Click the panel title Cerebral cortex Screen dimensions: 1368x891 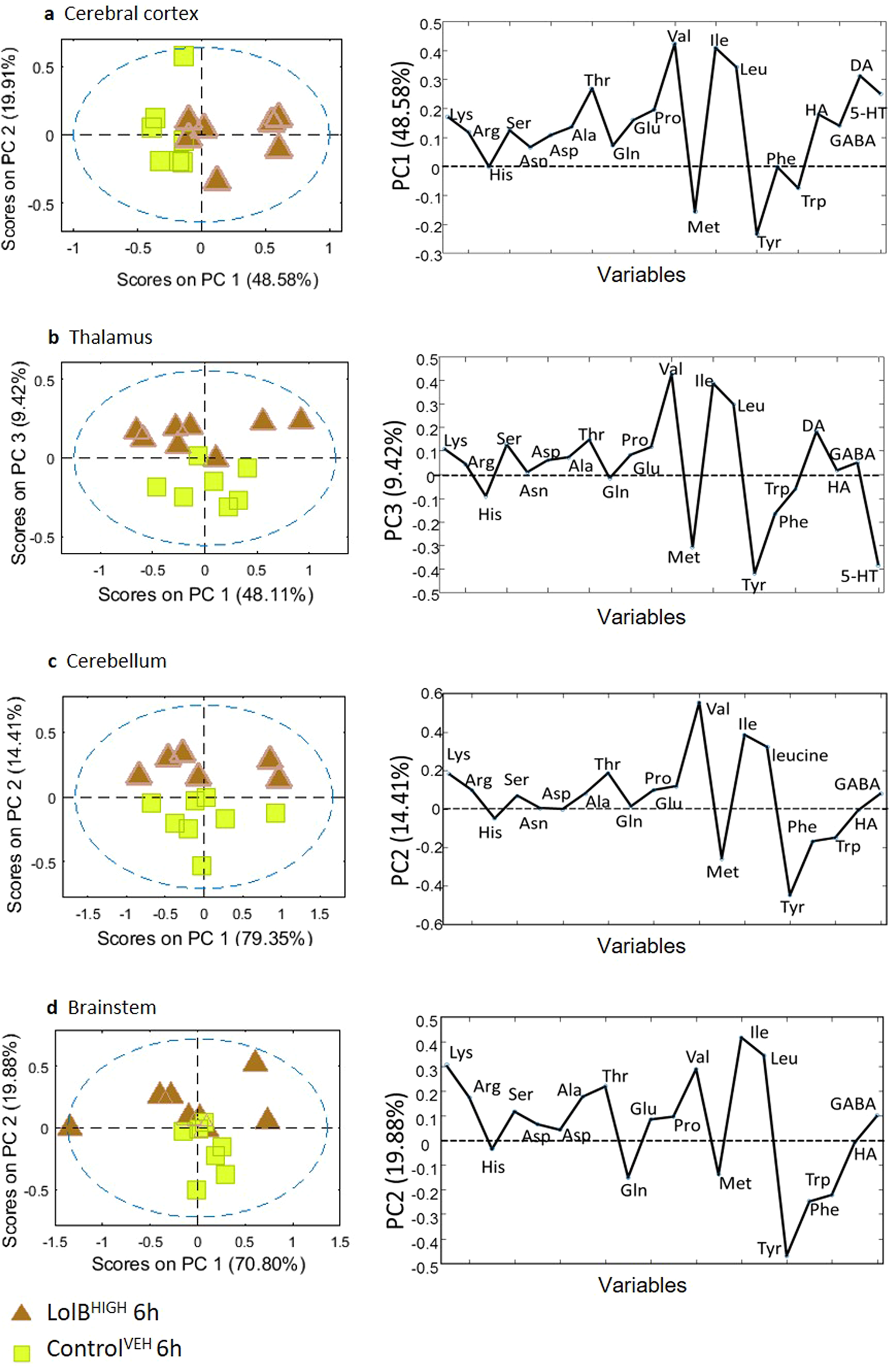coord(131,14)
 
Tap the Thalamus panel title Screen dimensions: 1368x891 coord(111,337)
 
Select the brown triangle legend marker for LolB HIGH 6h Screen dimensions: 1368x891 coord(23,1312)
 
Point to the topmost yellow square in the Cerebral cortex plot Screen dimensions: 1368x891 coord(183,56)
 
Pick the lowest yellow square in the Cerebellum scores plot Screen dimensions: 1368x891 coord(201,865)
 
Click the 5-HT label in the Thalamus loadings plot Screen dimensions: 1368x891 coord(859,576)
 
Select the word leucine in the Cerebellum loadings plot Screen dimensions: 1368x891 coord(800,755)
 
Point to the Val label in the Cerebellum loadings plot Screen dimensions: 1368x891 coord(718,709)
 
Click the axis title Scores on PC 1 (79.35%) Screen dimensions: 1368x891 coord(204,938)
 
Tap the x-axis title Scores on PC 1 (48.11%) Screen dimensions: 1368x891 coord(205,595)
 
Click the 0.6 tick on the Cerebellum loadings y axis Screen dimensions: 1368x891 coord(431,694)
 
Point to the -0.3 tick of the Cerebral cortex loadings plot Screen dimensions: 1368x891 coord(429,255)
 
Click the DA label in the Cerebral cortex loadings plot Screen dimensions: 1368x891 coord(861,66)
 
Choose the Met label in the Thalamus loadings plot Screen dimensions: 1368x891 coord(683,557)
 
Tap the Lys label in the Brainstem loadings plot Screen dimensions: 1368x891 coord(461,1053)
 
